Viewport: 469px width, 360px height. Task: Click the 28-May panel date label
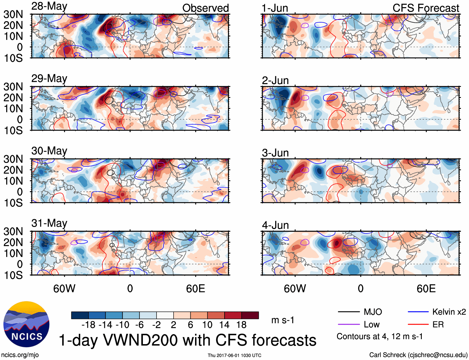(x=49, y=7)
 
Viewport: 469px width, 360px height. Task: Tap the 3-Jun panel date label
(x=275, y=153)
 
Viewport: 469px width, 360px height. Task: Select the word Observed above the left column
(x=205, y=8)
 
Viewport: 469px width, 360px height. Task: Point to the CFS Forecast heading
(x=426, y=8)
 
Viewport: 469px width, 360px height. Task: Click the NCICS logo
(x=26, y=324)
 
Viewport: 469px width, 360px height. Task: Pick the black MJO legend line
(x=348, y=312)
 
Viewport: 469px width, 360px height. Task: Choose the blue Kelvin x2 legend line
(x=418, y=312)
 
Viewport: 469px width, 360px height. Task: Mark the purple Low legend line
(x=348, y=325)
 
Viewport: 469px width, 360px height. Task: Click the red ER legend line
(x=418, y=325)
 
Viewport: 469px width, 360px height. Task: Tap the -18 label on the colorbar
(x=88, y=325)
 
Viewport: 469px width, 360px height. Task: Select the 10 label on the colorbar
(x=207, y=325)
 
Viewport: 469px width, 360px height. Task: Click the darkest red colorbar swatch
(x=250, y=315)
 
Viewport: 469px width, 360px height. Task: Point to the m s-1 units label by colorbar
(x=283, y=320)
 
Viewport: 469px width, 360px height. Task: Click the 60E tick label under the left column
(x=195, y=288)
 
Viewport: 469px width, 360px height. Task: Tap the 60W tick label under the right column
(x=295, y=288)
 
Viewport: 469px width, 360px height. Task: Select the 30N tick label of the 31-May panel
(x=13, y=231)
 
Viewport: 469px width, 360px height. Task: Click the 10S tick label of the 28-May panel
(x=13, y=58)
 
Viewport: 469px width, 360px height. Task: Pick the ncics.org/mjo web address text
(x=20, y=355)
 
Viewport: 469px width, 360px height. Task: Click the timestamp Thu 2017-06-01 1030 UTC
(x=234, y=355)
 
